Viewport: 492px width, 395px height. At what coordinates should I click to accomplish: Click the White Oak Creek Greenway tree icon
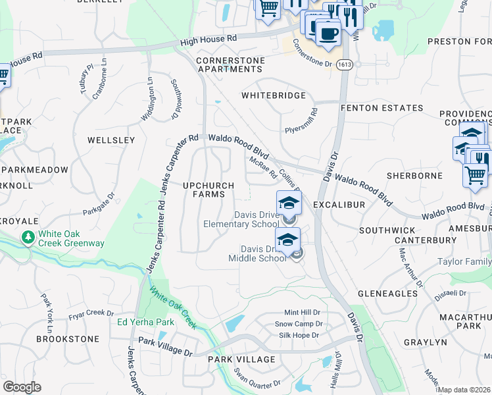(28, 236)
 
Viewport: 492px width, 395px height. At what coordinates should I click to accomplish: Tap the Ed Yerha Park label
(145, 322)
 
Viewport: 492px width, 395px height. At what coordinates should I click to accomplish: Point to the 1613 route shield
(343, 65)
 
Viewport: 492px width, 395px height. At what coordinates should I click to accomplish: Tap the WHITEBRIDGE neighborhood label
(274, 95)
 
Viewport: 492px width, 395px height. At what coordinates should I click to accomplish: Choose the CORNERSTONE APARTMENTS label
(230, 65)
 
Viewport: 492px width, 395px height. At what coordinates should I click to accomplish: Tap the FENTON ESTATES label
(381, 108)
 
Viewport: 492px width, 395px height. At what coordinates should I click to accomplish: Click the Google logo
(22, 387)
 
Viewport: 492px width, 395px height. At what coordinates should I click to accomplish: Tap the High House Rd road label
(209, 40)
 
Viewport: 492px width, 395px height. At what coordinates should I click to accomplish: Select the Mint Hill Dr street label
(302, 312)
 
